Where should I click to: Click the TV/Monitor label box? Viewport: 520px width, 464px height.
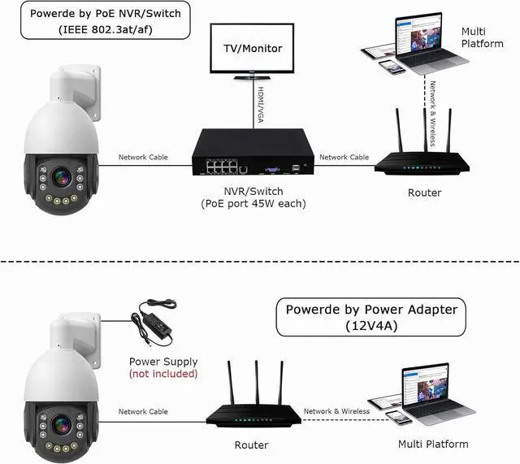tap(253, 49)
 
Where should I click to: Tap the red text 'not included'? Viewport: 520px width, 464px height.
tap(163, 374)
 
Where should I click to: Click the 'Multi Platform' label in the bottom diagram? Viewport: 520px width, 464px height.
tap(433, 444)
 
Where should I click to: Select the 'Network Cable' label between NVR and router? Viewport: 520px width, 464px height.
tap(344, 157)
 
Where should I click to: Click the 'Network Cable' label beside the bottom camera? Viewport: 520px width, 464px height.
tap(143, 412)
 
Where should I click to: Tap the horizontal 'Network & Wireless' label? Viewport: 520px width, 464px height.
tap(336, 411)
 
